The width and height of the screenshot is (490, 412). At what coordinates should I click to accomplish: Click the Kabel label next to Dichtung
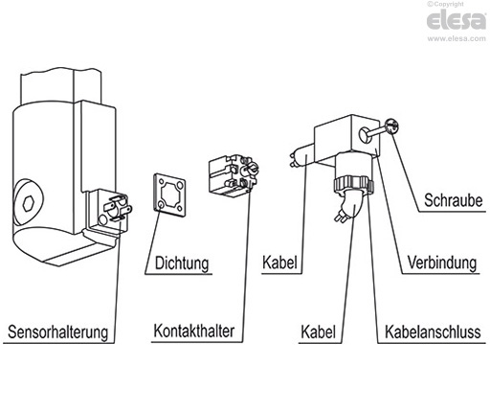click(281, 261)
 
